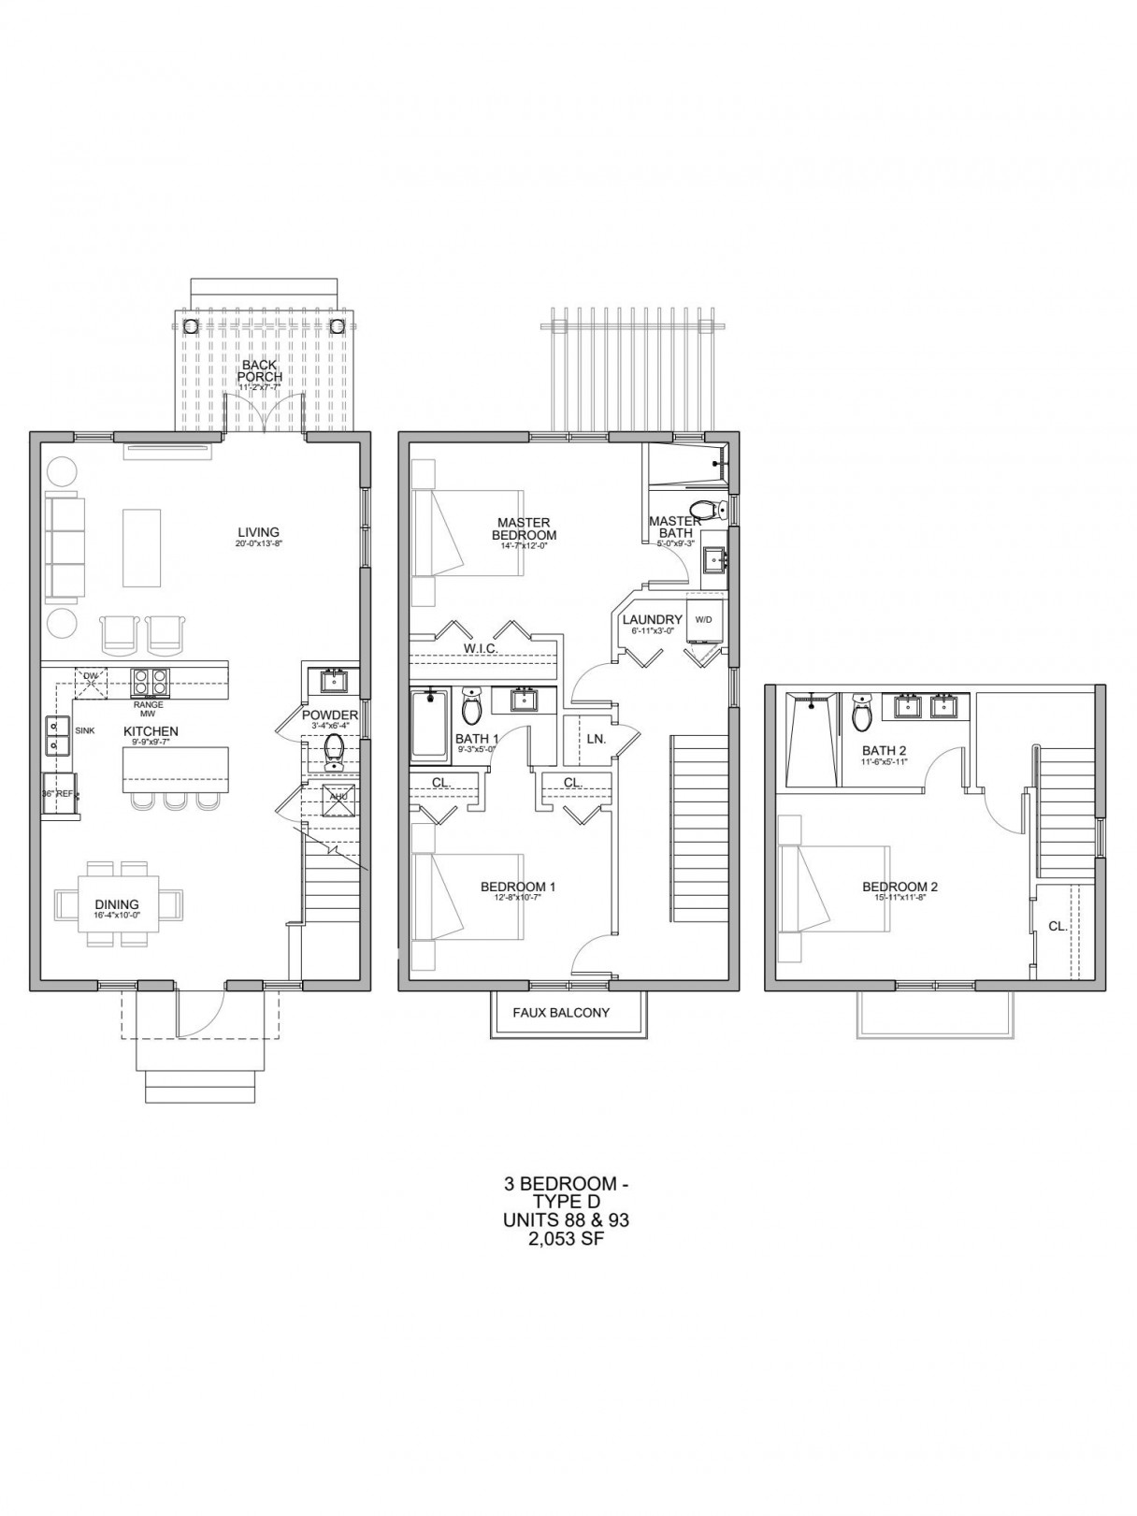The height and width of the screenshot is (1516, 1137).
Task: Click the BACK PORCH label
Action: click(259, 370)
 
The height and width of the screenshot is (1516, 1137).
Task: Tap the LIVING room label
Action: click(258, 533)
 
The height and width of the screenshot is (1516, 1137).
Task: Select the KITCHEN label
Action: click(151, 731)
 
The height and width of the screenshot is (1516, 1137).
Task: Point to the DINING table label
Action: click(117, 904)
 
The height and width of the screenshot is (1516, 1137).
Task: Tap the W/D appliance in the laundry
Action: click(703, 619)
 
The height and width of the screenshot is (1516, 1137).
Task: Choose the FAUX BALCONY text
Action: click(561, 1012)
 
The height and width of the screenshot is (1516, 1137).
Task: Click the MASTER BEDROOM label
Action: click(524, 529)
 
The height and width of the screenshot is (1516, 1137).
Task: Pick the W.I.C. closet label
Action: click(481, 648)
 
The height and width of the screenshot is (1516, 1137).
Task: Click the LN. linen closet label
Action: click(597, 739)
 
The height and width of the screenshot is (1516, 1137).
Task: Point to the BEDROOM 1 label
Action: click(518, 887)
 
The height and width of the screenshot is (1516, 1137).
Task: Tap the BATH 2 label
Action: click(884, 750)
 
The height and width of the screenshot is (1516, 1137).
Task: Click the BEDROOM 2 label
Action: click(900, 887)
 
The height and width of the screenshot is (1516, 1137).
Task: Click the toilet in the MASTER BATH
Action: click(715, 511)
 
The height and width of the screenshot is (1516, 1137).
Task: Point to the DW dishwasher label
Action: click(91, 675)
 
